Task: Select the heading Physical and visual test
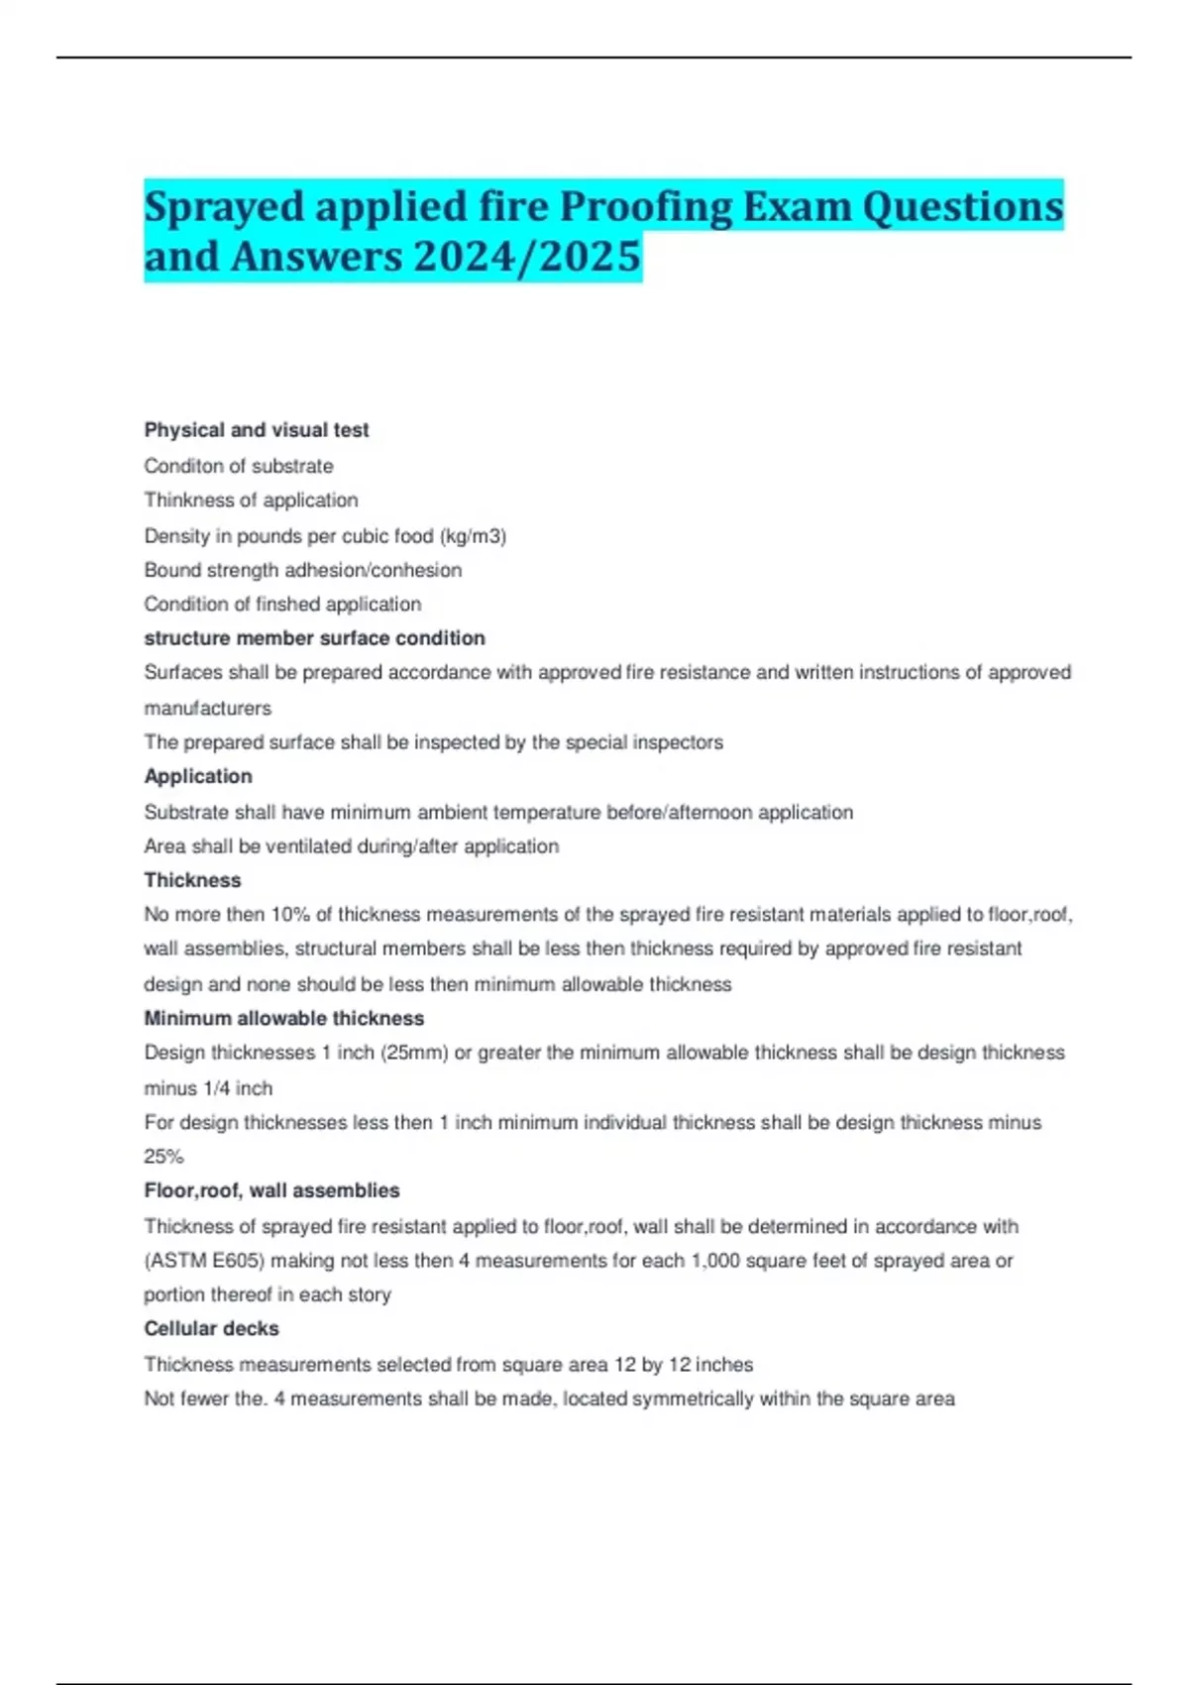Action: click(x=257, y=430)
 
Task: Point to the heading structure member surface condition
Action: click(x=314, y=638)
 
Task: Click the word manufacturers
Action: click(x=207, y=709)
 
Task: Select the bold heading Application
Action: click(x=198, y=776)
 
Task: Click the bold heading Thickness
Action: click(x=192, y=880)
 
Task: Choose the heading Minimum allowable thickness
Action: click(x=283, y=1018)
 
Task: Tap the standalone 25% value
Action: click(x=163, y=1157)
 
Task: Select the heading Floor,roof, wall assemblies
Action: click(x=271, y=1190)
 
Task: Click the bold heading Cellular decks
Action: click(x=211, y=1328)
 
